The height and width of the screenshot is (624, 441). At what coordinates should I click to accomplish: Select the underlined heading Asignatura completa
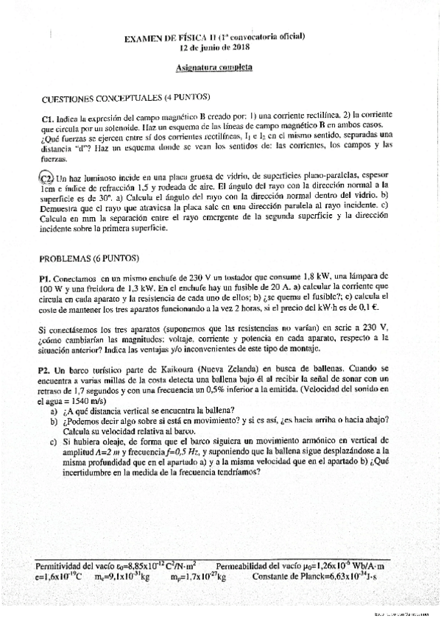(214, 66)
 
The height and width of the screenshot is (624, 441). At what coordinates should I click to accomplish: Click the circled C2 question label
(45, 177)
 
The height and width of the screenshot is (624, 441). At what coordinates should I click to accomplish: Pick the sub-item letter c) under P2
(54, 442)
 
